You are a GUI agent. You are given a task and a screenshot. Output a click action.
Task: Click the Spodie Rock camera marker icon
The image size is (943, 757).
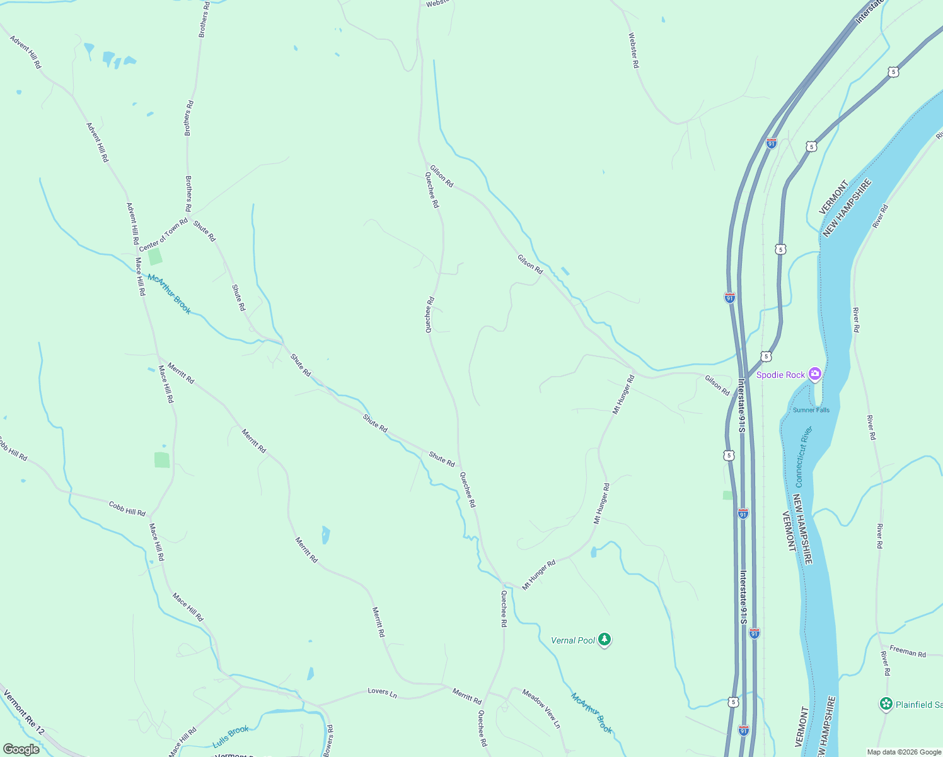(815, 375)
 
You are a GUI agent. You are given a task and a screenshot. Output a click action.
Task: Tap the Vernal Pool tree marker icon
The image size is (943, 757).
(605, 640)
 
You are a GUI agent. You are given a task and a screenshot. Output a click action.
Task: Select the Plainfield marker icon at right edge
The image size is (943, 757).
(886, 703)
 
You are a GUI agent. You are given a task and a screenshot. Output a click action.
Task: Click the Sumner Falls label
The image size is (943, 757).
(811, 410)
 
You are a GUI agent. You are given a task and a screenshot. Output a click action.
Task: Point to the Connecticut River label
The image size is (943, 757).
(804, 457)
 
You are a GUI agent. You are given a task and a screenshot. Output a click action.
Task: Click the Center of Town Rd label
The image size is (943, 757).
(163, 235)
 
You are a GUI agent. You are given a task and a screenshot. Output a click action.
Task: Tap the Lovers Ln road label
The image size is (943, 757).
(382, 692)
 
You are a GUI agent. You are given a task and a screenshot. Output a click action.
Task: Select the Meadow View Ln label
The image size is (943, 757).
(541, 708)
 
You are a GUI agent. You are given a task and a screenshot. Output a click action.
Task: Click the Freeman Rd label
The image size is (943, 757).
(908, 651)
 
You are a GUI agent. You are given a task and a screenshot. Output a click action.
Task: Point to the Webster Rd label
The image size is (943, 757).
(633, 50)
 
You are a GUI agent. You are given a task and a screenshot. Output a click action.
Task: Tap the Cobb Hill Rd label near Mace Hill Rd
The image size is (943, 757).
(127, 508)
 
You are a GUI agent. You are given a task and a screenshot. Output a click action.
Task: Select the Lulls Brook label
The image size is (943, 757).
(231, 736)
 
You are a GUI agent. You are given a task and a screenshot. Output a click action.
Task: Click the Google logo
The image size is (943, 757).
(21, 749)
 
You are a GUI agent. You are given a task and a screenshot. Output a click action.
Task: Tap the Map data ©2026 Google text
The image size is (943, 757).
(903, 752)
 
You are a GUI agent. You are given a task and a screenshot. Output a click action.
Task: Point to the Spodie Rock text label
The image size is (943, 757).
(780, 375)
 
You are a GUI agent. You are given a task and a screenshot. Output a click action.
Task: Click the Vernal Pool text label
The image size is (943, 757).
(573, 640)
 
